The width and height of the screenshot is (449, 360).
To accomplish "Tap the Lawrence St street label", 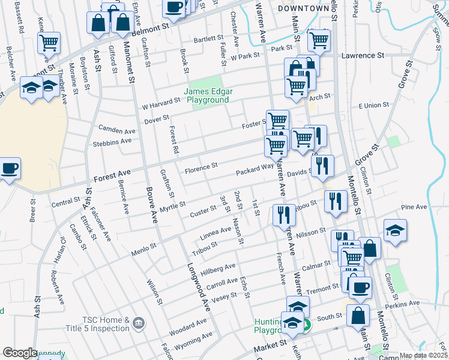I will click(x=363, y=55).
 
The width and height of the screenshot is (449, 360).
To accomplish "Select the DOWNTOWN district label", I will click(x=304, y=8).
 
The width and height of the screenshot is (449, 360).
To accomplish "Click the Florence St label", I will click(x=200, y=166).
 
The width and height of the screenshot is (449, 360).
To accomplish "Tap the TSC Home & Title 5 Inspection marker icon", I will click(x=139, y=324).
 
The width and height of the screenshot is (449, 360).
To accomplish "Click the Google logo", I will click(x=20, y=353).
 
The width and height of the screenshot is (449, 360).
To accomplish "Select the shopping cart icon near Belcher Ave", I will click(x=49, y=43).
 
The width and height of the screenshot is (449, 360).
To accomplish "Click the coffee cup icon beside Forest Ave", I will click(x=9, y=169).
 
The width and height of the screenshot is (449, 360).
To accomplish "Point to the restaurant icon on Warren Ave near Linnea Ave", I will click(x=284, y=215).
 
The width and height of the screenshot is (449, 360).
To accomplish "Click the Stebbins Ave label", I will click(x=112, y=142).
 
